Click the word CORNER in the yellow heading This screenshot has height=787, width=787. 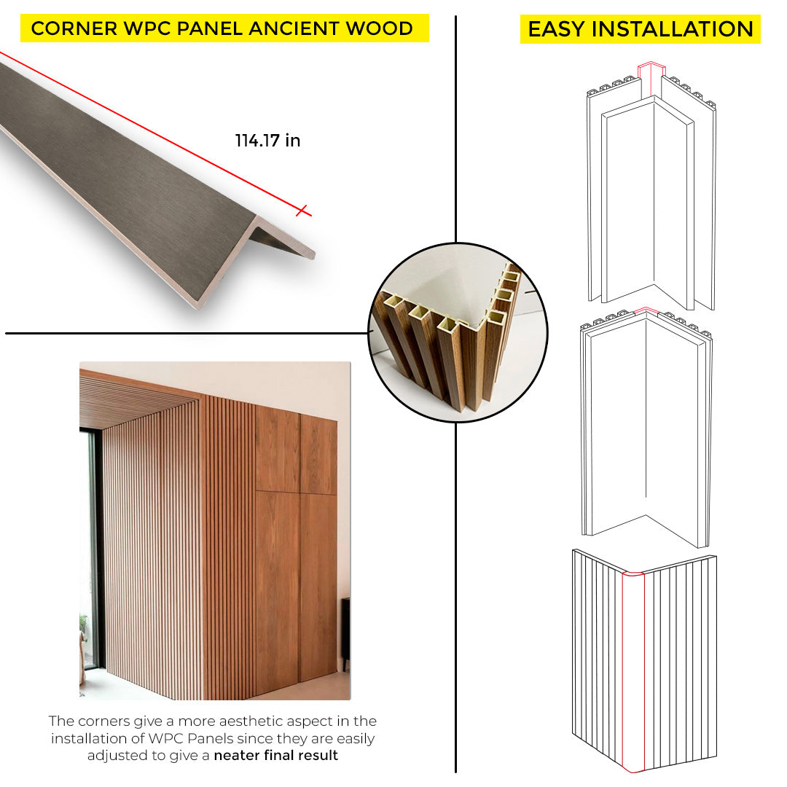tap(74, 28)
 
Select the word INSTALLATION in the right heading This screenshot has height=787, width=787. tap(673, 29)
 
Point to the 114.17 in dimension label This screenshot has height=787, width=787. tap(267, 141)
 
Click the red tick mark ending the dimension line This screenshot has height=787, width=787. tap(302, 211)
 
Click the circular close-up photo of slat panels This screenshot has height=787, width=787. tap(458, 332)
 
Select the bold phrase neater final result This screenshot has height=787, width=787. tap(276, 755)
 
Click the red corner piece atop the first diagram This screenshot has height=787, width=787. tap(651, 75)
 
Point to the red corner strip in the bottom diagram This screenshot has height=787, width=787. tap(633, 672)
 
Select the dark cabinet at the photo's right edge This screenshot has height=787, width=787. tap(345, 633)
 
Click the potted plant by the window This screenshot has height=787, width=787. tap(83, 627)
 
